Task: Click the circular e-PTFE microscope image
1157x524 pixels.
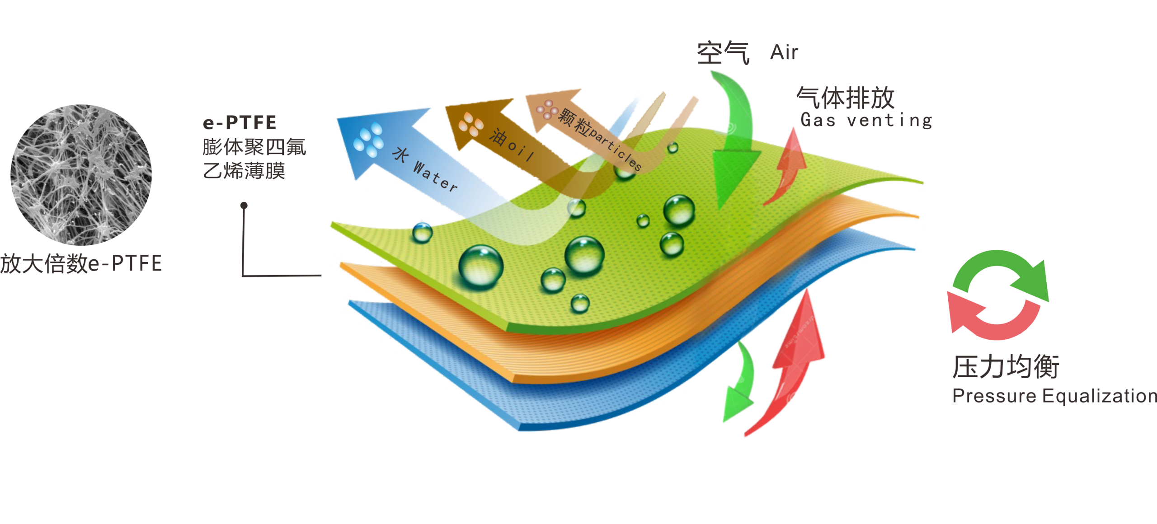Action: [x=81, y=175]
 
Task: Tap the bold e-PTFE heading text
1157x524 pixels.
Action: [x=239, y=123]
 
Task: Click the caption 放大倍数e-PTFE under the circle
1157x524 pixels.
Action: [x=81, y=263]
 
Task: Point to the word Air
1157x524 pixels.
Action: [x=784, y=52]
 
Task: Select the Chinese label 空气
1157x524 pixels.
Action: [x=723, y=53]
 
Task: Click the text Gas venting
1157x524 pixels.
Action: [x=866, y=120]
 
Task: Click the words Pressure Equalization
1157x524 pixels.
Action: [x=1054, y=396]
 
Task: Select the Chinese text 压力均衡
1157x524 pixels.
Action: [x=1006, y=366]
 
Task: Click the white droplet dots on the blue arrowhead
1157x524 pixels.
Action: [x=368, y=140]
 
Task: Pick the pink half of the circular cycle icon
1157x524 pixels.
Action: [x=985, y=321]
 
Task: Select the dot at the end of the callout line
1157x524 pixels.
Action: [x=244, y=206]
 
